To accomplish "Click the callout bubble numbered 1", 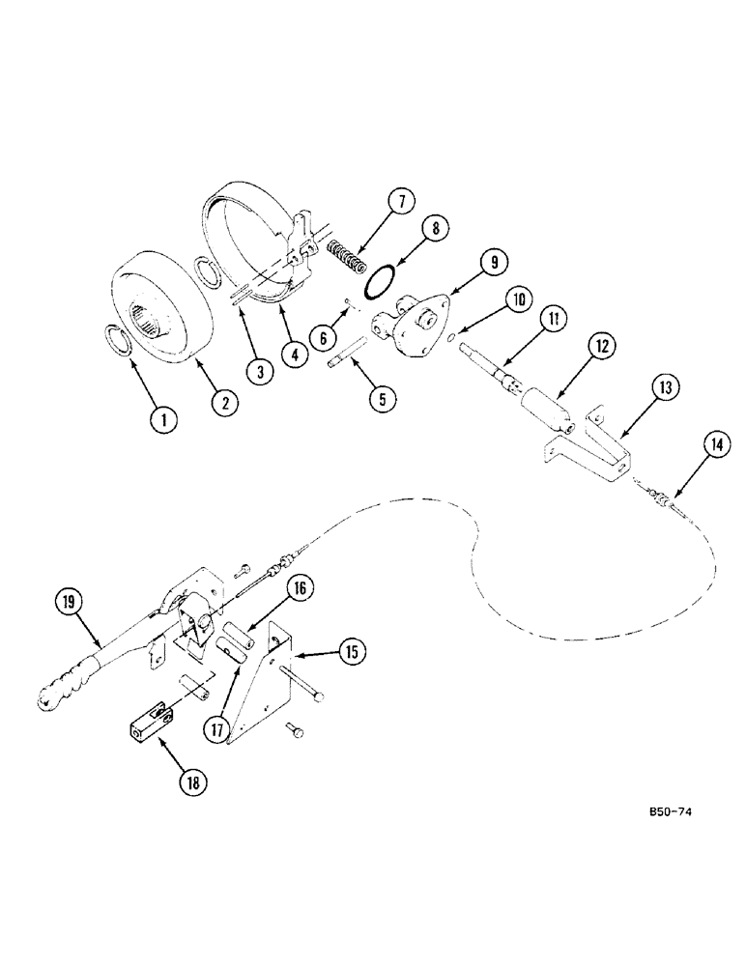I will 164,419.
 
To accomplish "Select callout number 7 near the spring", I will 401,202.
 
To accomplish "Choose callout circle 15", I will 353,653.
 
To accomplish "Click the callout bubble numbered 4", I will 294,355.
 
